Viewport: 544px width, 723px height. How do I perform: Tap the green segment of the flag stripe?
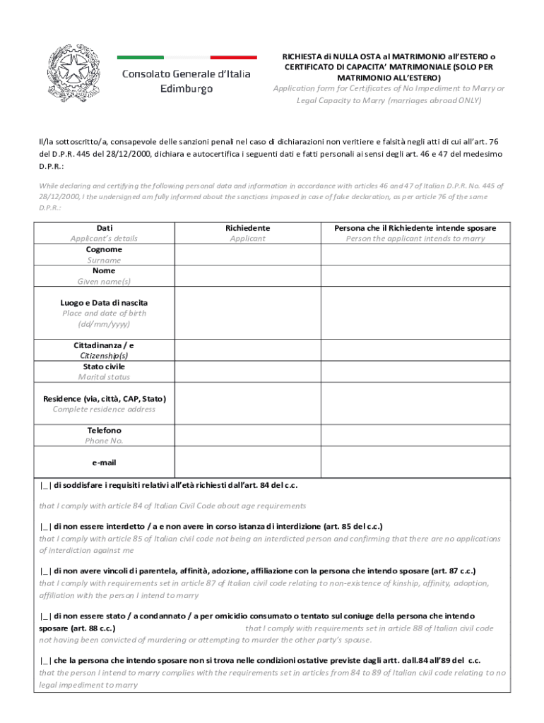pos(140,57)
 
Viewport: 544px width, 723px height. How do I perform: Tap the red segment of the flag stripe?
pos(234,57)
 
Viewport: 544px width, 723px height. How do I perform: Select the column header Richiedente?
pos(247,228)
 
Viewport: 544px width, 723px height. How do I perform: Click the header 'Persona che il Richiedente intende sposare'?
pos(415,228)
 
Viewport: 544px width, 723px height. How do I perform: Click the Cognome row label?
pos(104,249)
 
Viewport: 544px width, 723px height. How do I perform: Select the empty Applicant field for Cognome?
pos(247,254)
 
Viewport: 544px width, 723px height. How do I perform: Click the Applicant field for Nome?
pos(247,275)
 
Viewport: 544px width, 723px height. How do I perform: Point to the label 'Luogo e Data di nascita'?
pos(104,302)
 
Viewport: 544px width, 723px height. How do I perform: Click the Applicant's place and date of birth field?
pos(247,313)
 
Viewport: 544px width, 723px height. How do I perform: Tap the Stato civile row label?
pos(104,366)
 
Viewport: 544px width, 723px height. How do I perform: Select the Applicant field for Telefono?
pos(247,435)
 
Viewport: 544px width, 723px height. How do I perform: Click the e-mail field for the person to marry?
pos(415,462)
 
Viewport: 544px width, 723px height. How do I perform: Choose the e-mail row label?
pos(104,462)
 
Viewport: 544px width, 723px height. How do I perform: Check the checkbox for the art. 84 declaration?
pos(45,485)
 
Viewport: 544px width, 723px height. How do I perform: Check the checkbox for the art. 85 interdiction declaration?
pos(45,527)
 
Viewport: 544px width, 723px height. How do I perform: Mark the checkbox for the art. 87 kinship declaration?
pos(45,570)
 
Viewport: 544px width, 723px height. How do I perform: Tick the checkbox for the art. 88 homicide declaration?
pos(45,616)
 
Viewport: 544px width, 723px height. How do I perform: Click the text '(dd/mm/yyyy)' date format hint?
pos(104,324)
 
